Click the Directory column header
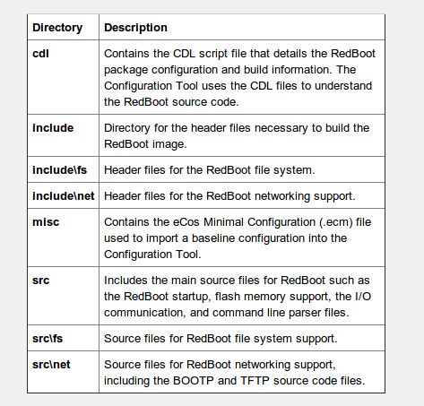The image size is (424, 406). tap(57, 28)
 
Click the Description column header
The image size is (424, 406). tap(136, 28)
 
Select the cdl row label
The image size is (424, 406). tap(41, 53)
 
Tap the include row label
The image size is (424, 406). tap(53, 128)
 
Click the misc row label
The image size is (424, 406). tap(47, 220)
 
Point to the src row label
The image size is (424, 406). tap(41, 281)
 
